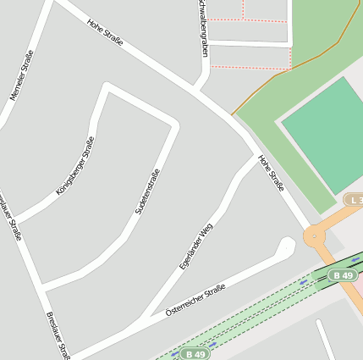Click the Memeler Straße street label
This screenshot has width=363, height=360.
23,76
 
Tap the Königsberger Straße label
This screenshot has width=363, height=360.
75,166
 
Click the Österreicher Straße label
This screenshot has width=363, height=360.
195,301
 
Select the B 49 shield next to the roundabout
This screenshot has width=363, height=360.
343,276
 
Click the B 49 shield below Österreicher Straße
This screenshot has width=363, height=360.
195,353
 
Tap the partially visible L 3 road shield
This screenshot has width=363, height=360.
354,199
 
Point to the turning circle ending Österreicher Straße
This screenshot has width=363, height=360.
286,246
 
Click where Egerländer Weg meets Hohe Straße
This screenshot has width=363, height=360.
255,156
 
